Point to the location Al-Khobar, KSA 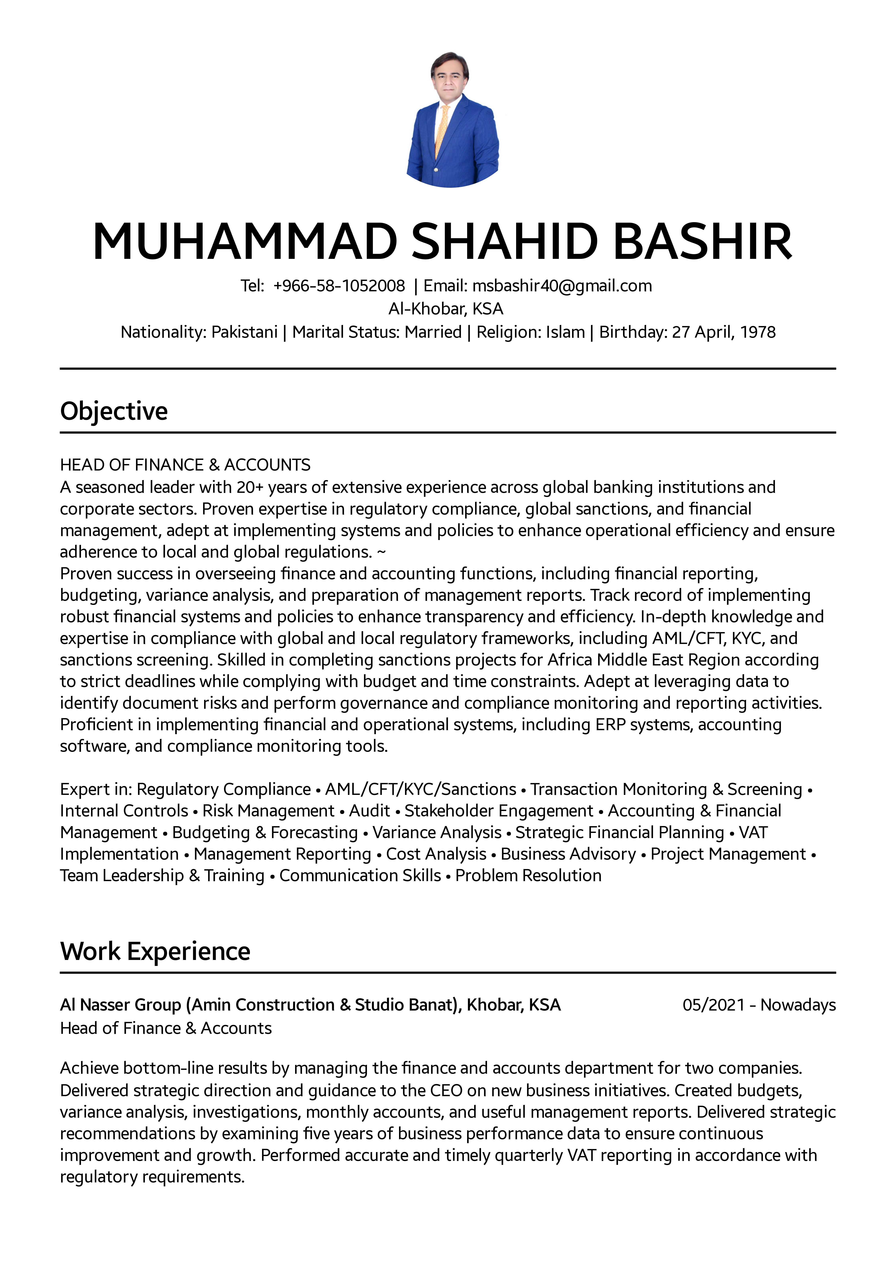[446, 308]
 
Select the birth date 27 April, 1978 [723, 332]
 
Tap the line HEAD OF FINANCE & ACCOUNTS [185, 465]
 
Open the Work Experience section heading [155, 952]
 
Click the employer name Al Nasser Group [120, 1005]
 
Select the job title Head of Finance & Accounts [165, 1028]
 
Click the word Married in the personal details [433, 332]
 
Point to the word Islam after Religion [565, 332]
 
